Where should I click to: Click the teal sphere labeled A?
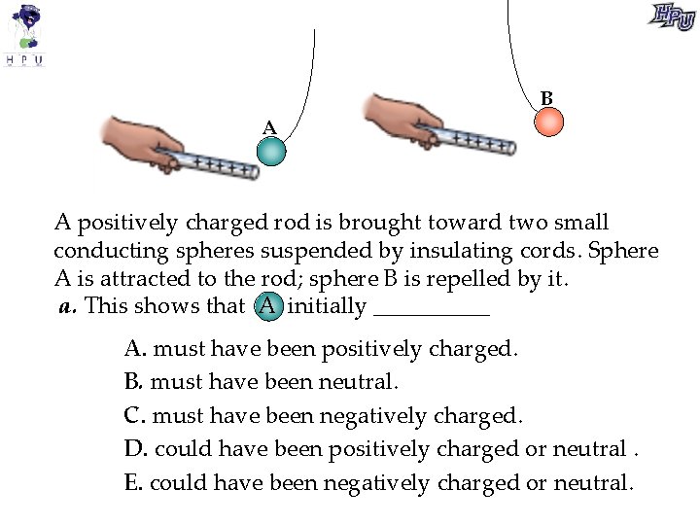click(271, 152)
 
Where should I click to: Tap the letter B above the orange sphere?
click(547, 98)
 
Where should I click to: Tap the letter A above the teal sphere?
click(269, 127)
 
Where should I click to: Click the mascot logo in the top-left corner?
click(26, 34)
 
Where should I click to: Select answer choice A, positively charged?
click(321, 348)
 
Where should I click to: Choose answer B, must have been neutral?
click(262, 381)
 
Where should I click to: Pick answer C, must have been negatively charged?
click(323, 416)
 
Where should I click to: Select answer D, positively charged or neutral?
click(381, 449)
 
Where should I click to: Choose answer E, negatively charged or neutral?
click(378, 482)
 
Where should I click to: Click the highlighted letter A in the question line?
click(267, 307)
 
